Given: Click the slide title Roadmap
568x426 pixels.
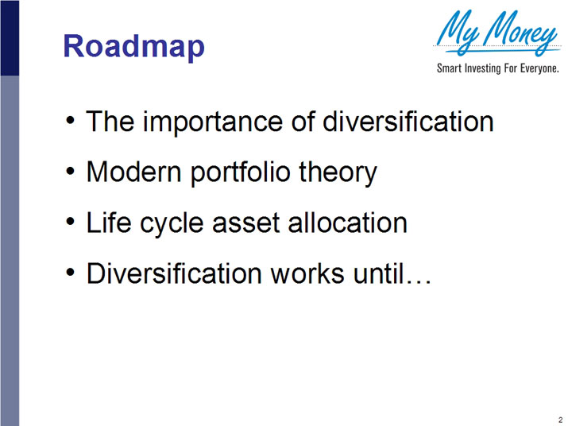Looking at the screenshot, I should click(x=133, y=46).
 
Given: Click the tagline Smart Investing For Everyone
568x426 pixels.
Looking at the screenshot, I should click(x=498, y=69).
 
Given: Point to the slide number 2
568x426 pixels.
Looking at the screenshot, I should click(x=559, y=418).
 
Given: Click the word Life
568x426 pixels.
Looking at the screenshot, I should click(x=106, y=223).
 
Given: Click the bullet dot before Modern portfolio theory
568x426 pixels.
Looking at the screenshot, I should click(x=72, y=171).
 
